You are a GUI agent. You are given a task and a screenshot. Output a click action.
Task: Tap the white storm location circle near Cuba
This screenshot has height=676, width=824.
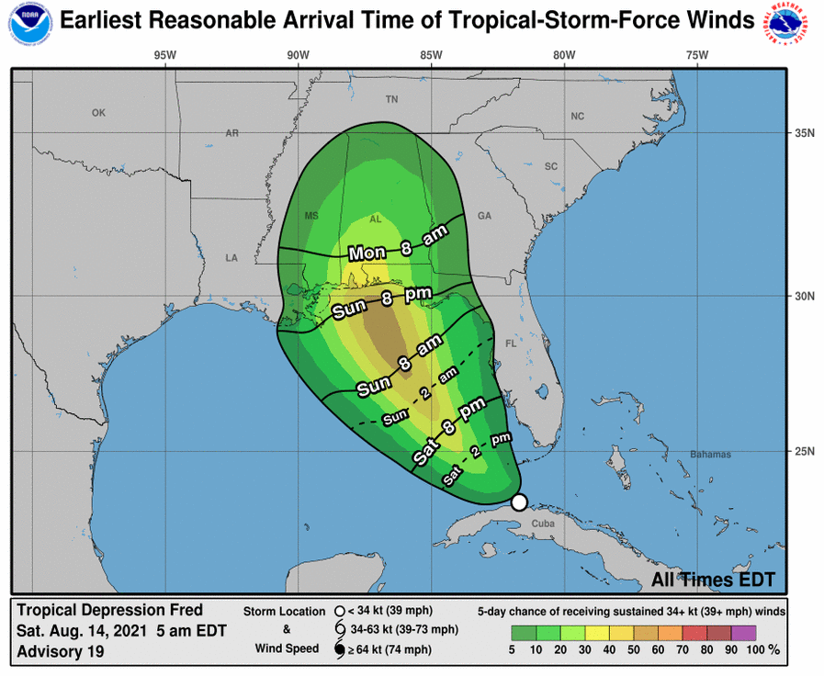tap(519, 501)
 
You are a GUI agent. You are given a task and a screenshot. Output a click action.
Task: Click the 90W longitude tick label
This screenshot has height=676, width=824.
tap(298, 55)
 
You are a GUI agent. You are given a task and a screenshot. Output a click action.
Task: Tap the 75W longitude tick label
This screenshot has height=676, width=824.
tap(697, 55)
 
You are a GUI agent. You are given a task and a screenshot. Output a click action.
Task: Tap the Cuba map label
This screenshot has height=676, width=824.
tap(544, 524)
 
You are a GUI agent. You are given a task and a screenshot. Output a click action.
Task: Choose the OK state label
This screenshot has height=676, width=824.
tap(99, 113)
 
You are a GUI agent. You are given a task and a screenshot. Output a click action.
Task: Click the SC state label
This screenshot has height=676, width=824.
tap(551, 166)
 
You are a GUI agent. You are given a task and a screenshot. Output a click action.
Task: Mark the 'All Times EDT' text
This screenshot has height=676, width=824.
tap(713, 580)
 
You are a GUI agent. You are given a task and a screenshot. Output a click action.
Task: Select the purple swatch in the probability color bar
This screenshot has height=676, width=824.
tap(744, 633)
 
